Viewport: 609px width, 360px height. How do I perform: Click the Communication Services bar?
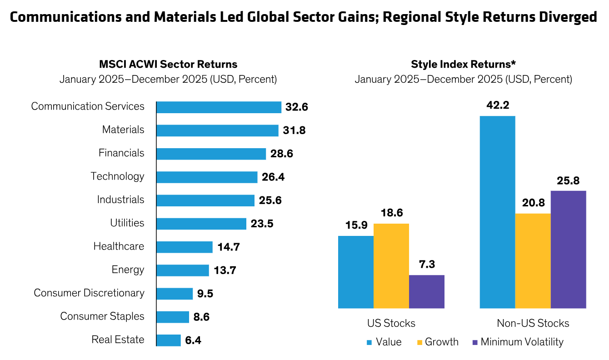point(219,107)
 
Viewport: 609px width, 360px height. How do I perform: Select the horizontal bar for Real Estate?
point(168,340)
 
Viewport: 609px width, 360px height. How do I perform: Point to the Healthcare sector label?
point(119,246)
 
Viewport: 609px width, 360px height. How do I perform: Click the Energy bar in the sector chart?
point(182,270)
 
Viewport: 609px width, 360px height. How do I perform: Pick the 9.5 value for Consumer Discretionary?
point(205,294)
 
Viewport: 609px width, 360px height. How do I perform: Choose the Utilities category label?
point(127,223)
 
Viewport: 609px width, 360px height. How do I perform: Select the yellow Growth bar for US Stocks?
point(391,266)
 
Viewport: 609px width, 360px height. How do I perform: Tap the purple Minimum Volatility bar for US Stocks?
point(427,292)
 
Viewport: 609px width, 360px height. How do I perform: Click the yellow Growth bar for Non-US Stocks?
point(533,261)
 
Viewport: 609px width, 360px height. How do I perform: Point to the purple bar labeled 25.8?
point(568,250)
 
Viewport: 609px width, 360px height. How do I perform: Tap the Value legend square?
point(369,342)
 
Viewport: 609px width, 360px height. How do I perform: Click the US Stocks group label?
point(391,323)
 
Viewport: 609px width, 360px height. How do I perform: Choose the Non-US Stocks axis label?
point(533,323)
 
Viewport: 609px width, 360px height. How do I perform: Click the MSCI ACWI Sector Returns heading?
point(168,64)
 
